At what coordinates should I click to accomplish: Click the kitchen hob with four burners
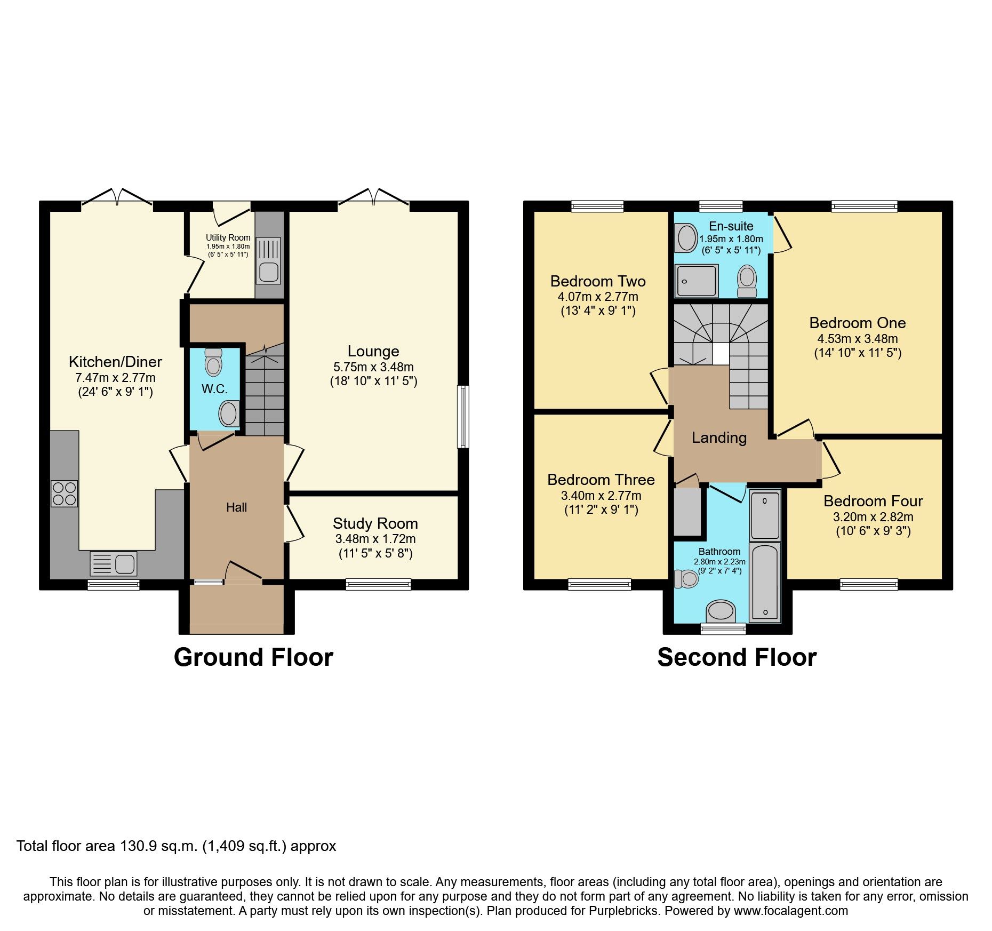click(65, 494)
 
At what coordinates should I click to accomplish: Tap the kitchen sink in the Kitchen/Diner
click(114, 563)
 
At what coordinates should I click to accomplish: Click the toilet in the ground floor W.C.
click(213, 363)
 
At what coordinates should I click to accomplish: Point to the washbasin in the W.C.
click(229, 413)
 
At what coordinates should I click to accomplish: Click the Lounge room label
click(373, 351)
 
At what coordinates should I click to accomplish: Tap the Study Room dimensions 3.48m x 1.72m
click(375, 539)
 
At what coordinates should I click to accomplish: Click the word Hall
click(236, 507)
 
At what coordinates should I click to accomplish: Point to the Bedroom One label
click(857, 323)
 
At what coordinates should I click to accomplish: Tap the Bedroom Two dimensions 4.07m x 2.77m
click(598, 297)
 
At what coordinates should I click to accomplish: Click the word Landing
click(719, 438)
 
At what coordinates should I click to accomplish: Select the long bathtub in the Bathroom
click(765, 582)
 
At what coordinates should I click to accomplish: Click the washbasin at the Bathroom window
click(721, 610)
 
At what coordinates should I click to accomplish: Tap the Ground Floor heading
click(253, 657)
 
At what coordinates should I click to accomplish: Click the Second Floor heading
click(737, 657)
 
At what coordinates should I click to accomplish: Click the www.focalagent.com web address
click(790, 911)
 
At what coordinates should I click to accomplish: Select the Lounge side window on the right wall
click(463, 417)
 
